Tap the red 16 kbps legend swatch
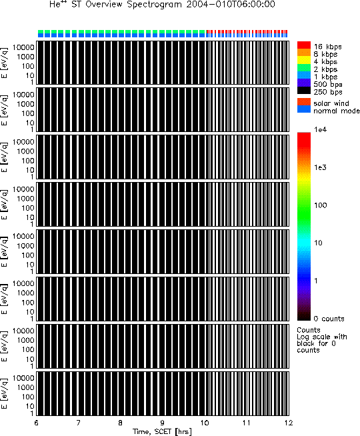pos(304,45)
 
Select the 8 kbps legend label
pos(325,54)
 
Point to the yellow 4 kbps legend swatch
pos(304,60)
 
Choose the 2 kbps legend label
pos(325,69)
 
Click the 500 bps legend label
pos(328,84)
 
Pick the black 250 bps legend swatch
pos(304,91)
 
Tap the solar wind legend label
pos(331,103)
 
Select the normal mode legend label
pos(337,111)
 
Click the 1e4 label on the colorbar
pos(320,129)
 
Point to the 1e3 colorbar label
pos(320,167)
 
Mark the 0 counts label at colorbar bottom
pos(329,319)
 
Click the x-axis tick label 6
pos(37,423)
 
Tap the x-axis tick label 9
pos(163,423)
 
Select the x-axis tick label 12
pos(289,423)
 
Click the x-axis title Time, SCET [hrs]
pos(163,431)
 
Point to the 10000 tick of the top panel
pos(23,47)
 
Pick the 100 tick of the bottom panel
pos(28,397)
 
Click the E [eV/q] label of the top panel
pos(5,63)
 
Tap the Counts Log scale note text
pos(321,340)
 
